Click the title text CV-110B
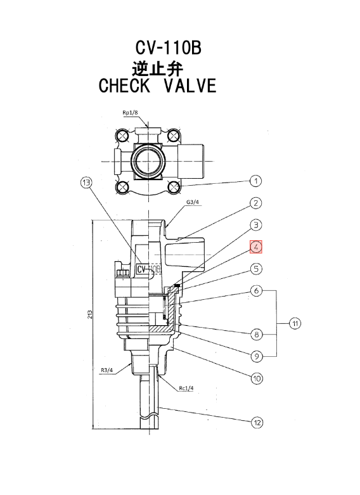coord(169,48)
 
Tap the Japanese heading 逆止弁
coord(158,68)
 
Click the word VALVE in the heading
coord(190,86)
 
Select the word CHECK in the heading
coord(124,86)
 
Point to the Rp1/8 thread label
coord(130,112)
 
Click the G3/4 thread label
coord(193,202)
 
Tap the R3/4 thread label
coord(107,370)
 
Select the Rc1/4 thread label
coord(186,389)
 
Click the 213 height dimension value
coord(90,314)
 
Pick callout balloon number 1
coord(256,181)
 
